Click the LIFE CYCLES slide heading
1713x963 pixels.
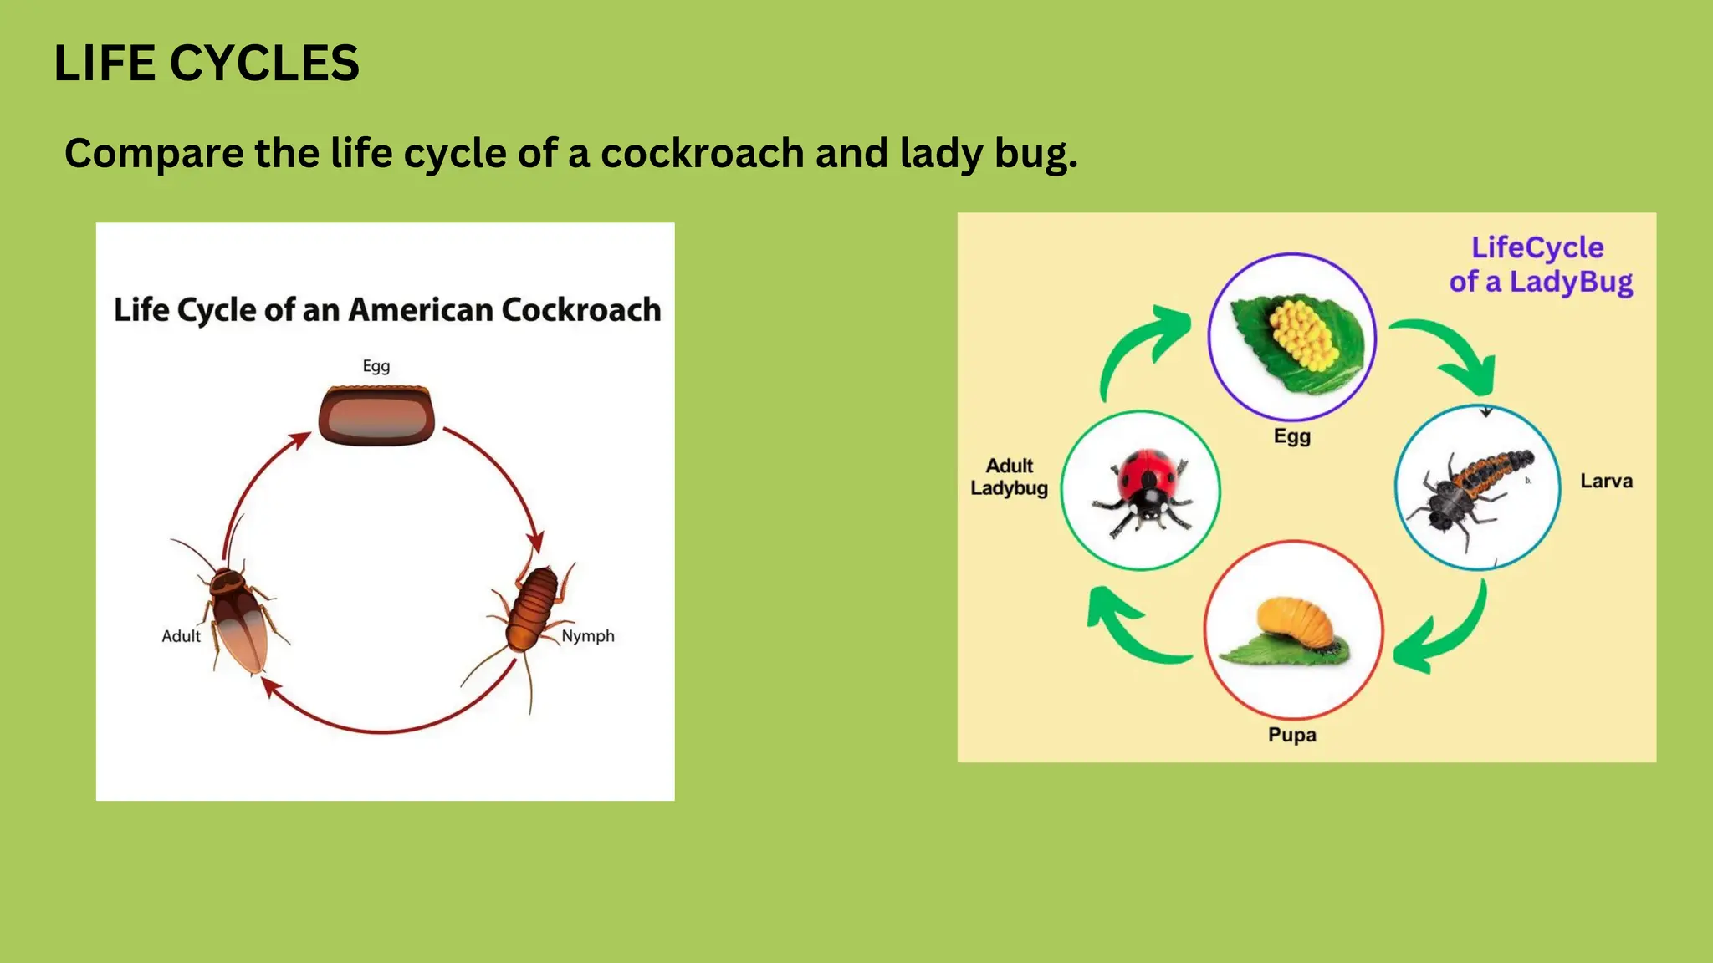point(206,64)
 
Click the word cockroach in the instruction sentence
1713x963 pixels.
point(702,154)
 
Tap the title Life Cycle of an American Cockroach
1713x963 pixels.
point(386,310)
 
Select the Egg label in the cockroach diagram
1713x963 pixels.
point(376,366)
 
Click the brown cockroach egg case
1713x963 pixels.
point(376,415)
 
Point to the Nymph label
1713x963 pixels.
point(587,636)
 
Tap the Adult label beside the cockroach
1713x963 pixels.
point(181,636)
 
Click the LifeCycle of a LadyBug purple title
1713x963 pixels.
point(1540,265)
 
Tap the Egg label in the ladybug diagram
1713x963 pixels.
point(1291,436)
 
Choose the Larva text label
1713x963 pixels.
point(1606,481)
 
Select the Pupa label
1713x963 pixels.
point(1291,736)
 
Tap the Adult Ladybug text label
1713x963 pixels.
point(1009,477)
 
